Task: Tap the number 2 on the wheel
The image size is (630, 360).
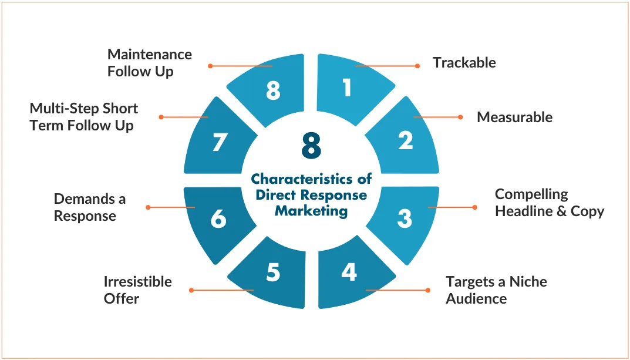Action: coord(405,140)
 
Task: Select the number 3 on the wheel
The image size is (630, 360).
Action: coord(405,218)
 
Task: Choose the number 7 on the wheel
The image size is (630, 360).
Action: coord(220,142)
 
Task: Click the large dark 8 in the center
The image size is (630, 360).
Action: coord(311,146)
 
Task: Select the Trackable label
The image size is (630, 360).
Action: coord(464,63)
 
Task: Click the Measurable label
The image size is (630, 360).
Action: coord(515,117)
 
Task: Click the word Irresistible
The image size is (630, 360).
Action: coord(138,282)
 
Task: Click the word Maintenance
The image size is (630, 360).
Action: coord(150,54)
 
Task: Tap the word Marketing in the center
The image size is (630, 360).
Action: coord(311,211)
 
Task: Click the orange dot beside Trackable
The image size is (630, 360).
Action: coord(417,66)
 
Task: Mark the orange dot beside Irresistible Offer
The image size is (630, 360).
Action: coord(191,290)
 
